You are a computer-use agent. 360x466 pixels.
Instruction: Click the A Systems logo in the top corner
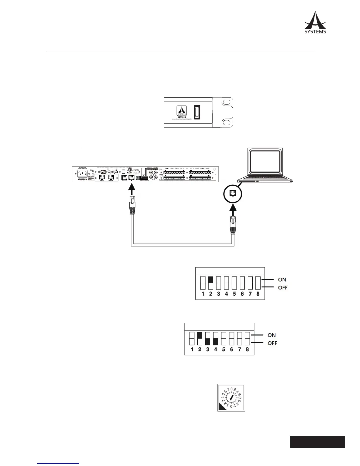[x=315, y=22]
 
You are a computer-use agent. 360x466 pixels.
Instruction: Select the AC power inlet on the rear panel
[x=82, y=174]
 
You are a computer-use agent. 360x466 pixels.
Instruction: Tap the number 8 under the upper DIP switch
[x=258, y=294]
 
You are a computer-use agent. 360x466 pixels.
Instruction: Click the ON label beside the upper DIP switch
[x=282, y=279]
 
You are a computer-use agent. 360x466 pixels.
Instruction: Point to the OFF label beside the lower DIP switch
[x=272, y=343]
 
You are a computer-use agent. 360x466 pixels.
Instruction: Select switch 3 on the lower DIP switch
[x=208, y=338]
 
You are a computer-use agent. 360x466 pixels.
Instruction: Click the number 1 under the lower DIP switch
[x=192, y=349]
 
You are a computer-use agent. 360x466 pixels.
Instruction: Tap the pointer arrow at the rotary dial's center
[x=231, y=397]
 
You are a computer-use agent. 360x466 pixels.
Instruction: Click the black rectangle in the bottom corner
[x=317, y=442]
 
